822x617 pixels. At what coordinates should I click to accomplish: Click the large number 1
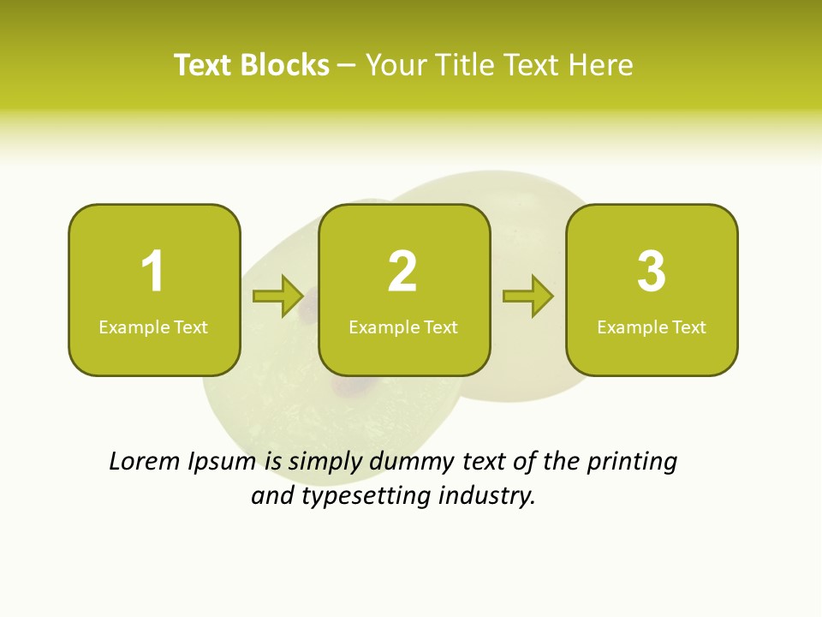tap(152, 272)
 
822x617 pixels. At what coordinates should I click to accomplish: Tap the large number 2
tap(402, 272)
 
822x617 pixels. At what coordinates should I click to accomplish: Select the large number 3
tap(652, 272)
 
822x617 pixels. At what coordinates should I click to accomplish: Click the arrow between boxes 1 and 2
tap(278, 297)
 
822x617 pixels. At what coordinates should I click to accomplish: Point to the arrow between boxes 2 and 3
tap(528, 297)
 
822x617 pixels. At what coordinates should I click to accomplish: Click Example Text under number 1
tap(153, 326)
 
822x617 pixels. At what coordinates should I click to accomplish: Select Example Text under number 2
tap(403, 326)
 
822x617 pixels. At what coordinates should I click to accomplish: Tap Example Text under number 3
tap(652, 326)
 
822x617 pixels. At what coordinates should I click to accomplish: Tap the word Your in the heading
tap(396, 65)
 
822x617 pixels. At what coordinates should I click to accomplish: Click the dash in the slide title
tap(348, 66)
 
